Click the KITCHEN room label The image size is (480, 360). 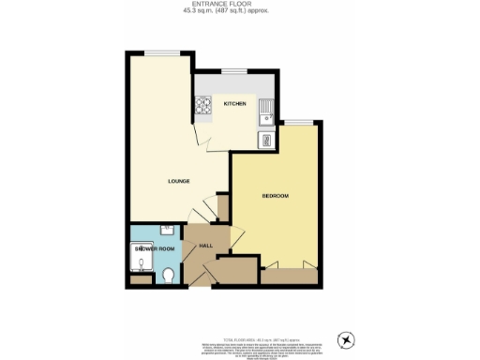coord(234,104)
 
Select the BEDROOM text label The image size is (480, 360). coord(275,195)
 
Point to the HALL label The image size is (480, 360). coord(207,246)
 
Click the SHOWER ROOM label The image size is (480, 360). coord(155,248)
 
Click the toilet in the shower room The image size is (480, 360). coord(168,274)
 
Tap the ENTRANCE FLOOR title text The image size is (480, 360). coord(240,6)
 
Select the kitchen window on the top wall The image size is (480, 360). coord(234,71)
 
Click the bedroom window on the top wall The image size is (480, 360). coord(298,123)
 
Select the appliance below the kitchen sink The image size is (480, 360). coord(267,141)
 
